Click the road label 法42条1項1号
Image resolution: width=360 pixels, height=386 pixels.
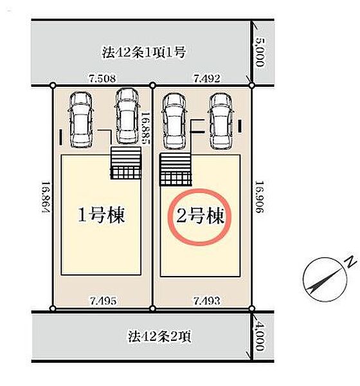tap(143, 52)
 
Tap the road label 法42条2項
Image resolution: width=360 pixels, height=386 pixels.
tap(159, 336)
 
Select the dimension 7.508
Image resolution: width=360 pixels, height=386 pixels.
tap(102, 78)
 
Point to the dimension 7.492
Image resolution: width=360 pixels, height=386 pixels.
tap(206, 78)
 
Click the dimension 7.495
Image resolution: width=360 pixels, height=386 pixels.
tap(103, 300)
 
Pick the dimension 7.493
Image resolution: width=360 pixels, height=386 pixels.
tap(207, 300)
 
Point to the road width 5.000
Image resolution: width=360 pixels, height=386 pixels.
tap(260, 52)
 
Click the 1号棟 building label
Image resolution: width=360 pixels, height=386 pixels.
tap(101, 215)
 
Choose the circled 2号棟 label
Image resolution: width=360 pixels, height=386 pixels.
tap(200, 216)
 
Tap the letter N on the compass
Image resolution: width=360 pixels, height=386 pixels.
tap(350, 262)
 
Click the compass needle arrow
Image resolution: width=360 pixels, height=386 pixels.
tap(325, 280)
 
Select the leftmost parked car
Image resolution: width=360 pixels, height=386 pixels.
tap(81, 120)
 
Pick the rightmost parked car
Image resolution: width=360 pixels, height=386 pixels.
tap(221, 121)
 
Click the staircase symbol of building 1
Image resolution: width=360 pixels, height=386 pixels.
tap(126, 163)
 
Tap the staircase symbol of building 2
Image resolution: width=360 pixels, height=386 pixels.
tap(175, 169)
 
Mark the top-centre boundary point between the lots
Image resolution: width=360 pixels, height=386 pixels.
tap(152, 86)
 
